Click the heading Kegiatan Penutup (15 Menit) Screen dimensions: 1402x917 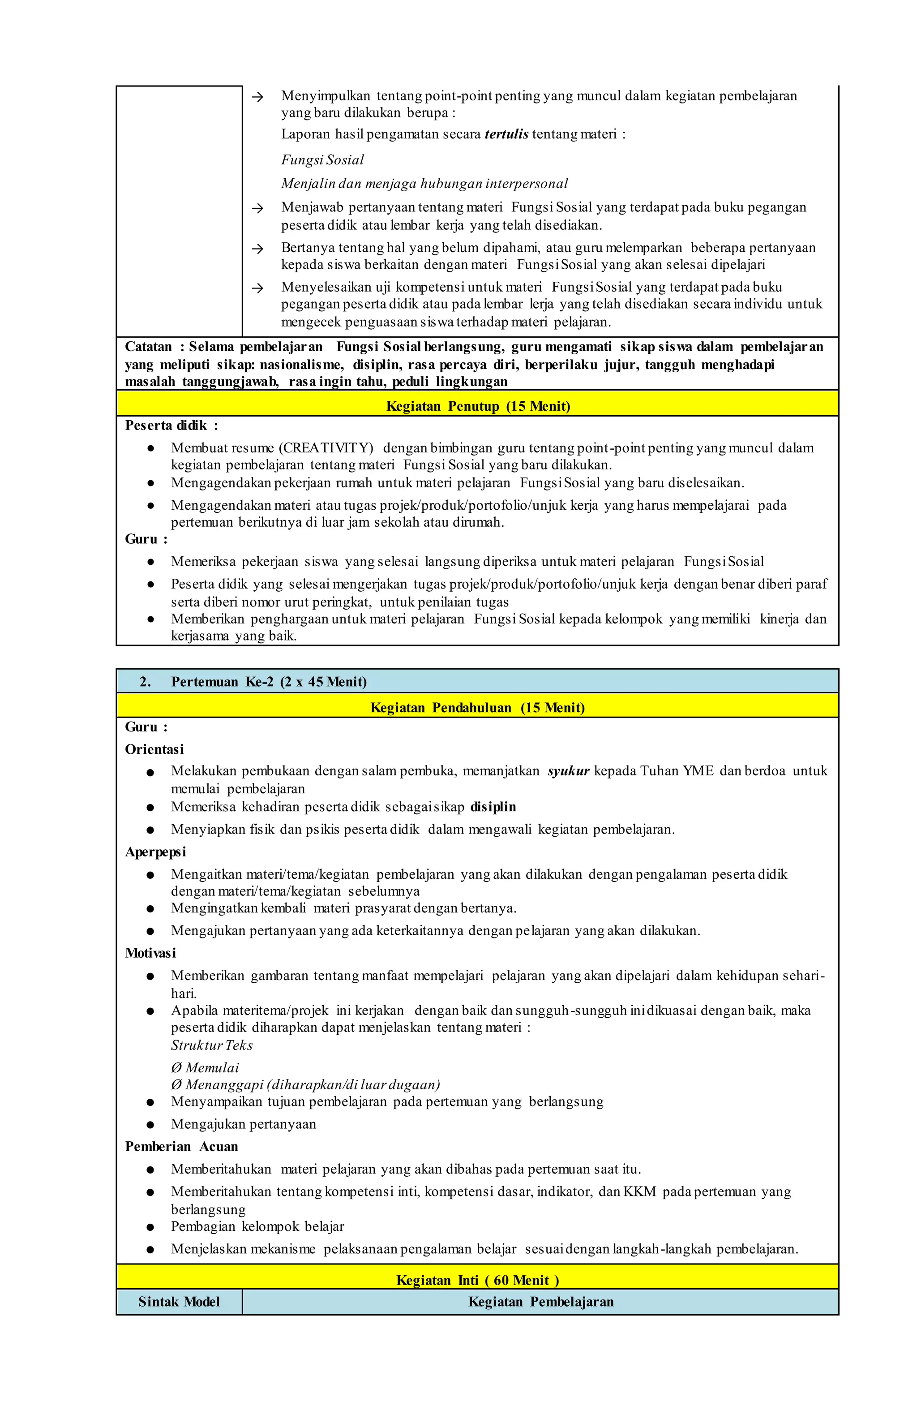point(478,406)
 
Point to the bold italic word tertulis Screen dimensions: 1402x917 point(506,134)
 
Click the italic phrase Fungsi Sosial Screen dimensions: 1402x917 point(322,160)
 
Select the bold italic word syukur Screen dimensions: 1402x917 point(568,771)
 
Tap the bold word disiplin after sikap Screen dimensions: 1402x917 point(493,807)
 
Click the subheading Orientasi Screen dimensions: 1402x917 point(154,749)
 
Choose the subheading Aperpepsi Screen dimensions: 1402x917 point(155,852)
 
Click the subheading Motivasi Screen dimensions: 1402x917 point(150,953)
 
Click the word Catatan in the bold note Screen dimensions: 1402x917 point(148,347)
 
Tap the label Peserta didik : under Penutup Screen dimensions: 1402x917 point(171,426)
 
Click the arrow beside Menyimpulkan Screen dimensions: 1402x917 point(257,97)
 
